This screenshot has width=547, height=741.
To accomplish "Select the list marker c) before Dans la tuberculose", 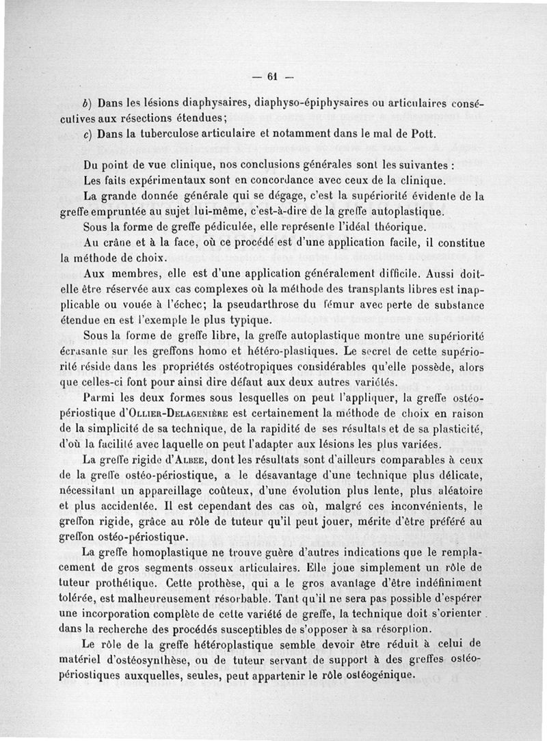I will (86, 134).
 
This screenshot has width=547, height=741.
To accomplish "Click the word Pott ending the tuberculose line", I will (422, 134).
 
